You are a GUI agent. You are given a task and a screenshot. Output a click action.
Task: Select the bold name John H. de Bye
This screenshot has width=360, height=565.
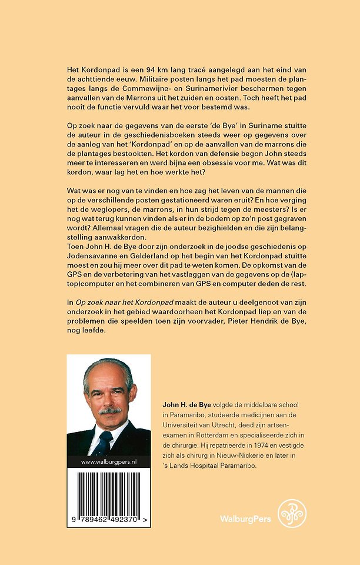[186, 406]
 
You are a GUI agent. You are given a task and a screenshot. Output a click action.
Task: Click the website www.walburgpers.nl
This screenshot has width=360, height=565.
[109, 463]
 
